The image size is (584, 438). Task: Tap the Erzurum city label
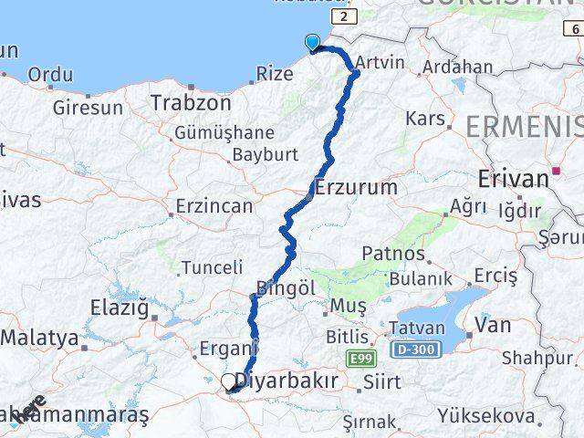(356, 187)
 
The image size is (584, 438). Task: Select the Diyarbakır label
(287, 380)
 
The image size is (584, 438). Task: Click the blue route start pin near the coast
(312, 42)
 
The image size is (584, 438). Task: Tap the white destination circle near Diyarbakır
(228, 381)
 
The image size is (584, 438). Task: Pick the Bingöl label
(286, 287)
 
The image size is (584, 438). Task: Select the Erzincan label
(214, 206)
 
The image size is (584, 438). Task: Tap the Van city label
(492, 324)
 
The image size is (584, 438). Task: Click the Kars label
(423, 120)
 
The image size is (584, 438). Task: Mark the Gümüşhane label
(224, 132)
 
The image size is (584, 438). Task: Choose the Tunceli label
(212, 267)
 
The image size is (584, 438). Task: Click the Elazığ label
(119, 308)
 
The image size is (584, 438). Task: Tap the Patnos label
(393, 253)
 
